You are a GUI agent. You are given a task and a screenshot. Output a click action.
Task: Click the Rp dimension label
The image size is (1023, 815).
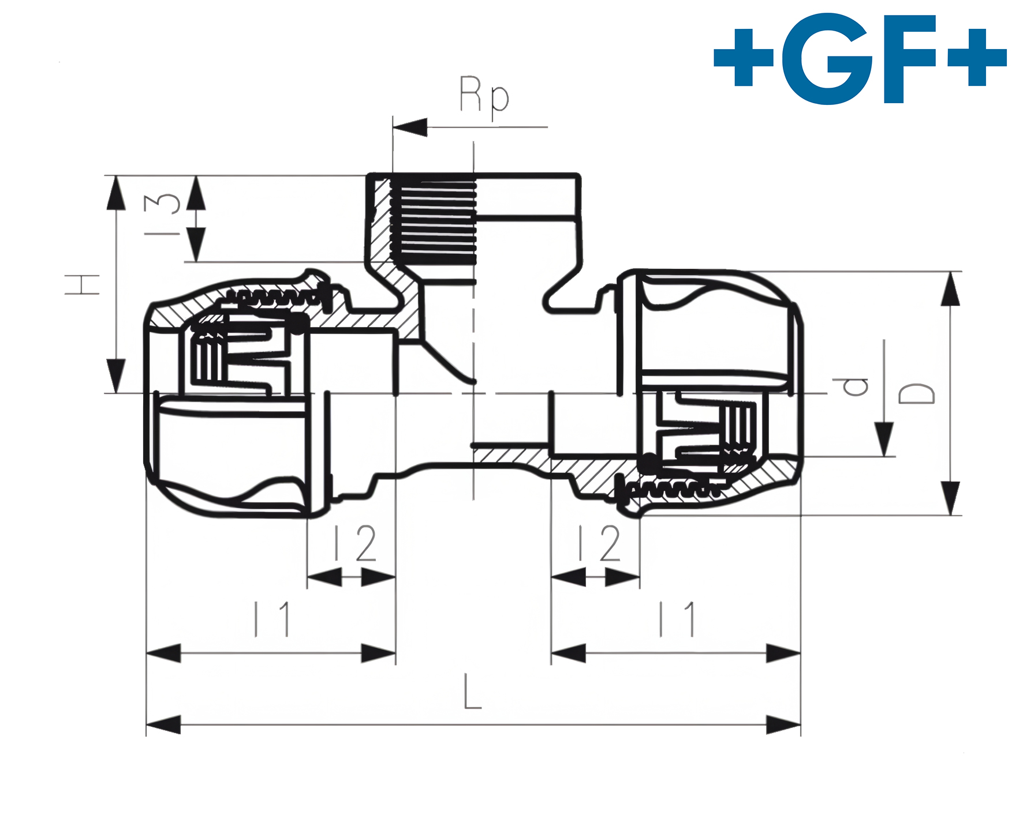tap(484, 95)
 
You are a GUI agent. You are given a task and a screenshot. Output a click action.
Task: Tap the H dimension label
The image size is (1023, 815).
tap(83, 284)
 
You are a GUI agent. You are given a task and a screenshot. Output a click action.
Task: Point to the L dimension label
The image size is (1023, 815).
tap(472, 692)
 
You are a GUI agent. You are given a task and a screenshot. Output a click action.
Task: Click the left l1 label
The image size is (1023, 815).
tap(272, 619)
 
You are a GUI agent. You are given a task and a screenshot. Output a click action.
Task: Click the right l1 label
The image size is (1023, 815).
tap(678, 619)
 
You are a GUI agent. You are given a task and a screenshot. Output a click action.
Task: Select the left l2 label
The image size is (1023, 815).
tap(355, 543)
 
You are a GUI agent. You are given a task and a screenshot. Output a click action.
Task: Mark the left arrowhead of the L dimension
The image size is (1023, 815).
tap(163, 724)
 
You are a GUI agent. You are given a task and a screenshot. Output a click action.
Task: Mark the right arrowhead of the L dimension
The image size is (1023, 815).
tap(784, 724)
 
